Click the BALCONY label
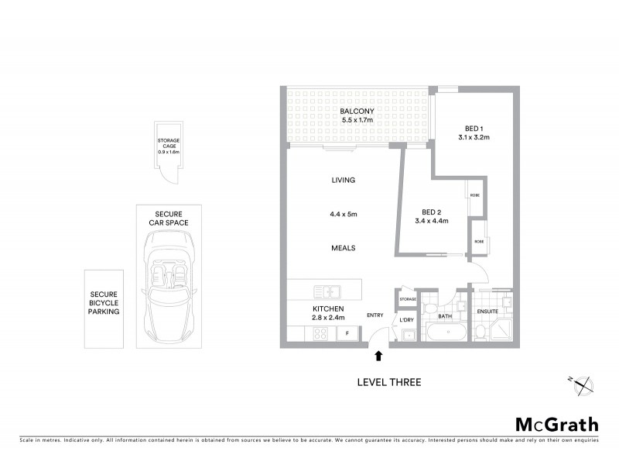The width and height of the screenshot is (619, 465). click(x=357, y=111)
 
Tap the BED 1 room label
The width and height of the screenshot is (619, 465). click(x=474, y=128)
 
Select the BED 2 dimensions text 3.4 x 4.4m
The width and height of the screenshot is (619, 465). click(x=432, y=221)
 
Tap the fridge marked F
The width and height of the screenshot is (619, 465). click(x=347, y=334)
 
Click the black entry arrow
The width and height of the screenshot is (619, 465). click(x=378, y=356)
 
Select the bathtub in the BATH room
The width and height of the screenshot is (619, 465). click(x=445, y=333)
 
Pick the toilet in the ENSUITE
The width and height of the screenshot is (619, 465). click(x=480, y=331)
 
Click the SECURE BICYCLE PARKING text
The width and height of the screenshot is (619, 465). click(x=104, y=303)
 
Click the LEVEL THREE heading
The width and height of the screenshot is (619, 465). click(x=388, y=381)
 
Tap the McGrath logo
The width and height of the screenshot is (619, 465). click(x=556, y=424)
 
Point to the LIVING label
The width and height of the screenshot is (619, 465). click(x=343, y=180)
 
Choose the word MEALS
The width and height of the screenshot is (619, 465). click(x=343, y=248)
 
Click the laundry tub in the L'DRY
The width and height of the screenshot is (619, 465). click(x=407, y=335)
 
